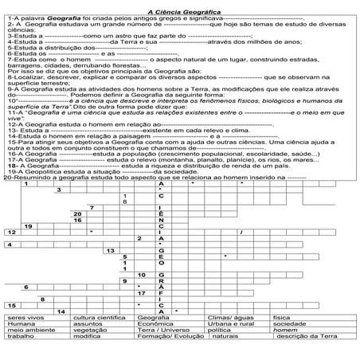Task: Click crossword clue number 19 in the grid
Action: point(29,226)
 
